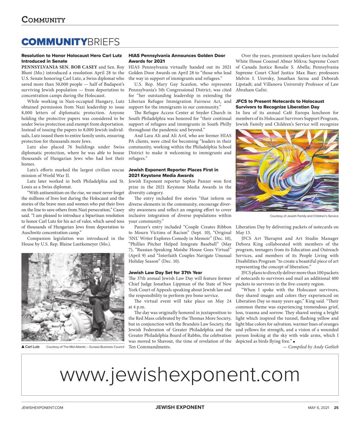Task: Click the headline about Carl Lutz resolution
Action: click(71, 58)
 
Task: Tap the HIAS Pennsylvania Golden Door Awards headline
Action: click(177, 58)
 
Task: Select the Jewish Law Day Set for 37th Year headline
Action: click(165, 272)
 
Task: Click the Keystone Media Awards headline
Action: click(173, 172)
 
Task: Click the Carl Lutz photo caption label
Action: click(30, 347)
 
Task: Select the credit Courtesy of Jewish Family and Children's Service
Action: click(304, 216)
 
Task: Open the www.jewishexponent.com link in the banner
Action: click(180, 375)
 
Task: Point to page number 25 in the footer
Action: click(336, 407)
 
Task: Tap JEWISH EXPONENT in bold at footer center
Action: click(180, 407)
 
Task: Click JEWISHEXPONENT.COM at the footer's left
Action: click(42, 407)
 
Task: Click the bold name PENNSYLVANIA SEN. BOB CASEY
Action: click(59, 67)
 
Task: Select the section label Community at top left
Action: click(43, 20)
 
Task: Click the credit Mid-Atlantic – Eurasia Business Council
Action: click(85, 347)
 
